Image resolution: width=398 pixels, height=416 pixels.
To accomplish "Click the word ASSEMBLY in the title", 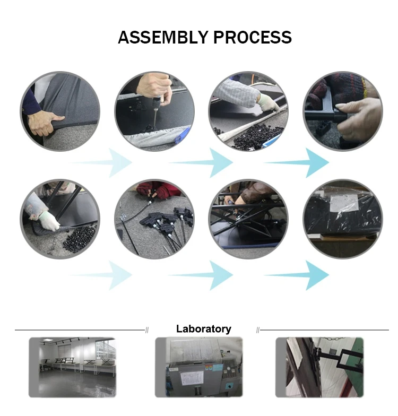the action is [x=162, y=37].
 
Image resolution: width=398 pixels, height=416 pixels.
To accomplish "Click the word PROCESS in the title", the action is [x=253, y=37].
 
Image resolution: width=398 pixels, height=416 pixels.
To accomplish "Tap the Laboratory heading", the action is [x=204, y=329].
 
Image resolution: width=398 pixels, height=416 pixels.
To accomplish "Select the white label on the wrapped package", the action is [x=344, y=203].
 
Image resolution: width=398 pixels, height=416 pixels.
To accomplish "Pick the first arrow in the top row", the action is [x=100, y=162].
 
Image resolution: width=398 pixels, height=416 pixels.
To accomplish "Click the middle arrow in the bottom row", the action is [x=201, y=275].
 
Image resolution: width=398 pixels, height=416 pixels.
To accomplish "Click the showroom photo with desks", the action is [x=72, y=367].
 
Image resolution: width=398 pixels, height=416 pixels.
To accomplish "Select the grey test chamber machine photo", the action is [x=198, y=367].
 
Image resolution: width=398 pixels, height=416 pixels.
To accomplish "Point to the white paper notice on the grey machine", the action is [x=192, y=378].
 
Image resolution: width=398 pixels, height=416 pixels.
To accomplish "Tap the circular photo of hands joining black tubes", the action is [x=343, y=111].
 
